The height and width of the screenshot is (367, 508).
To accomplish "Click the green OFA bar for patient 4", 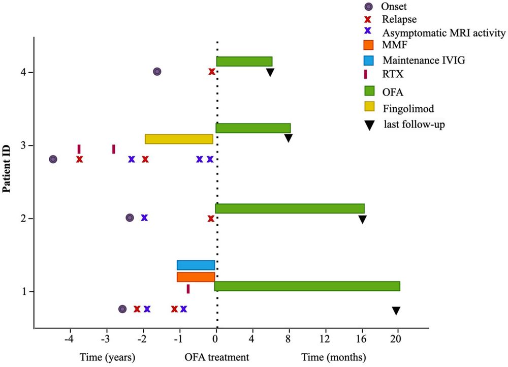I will (x=244, y=62).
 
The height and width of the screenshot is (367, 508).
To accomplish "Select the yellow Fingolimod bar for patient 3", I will (x=179, y=139).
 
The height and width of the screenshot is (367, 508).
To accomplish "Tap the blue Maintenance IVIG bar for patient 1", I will (x=196, y=265).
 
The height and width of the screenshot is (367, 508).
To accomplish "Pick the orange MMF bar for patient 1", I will (x=196, y=277).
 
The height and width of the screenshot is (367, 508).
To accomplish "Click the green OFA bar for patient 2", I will (x=290, y=208).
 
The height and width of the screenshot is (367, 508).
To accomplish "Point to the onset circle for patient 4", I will (x=157, y=72).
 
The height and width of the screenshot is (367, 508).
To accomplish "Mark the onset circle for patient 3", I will (x=53, y=159).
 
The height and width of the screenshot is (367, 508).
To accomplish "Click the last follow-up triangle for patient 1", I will (x=396, y=311).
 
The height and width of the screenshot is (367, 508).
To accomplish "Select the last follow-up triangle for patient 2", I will (x=362, y=220).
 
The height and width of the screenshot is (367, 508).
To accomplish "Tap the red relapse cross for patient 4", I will (x=211, y=72).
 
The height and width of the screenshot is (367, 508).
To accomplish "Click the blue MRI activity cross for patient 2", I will (x=144, y=218).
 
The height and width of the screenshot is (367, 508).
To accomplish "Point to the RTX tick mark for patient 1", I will (x=188, y=289).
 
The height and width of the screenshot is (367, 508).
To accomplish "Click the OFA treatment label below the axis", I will (x=217, y=357).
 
